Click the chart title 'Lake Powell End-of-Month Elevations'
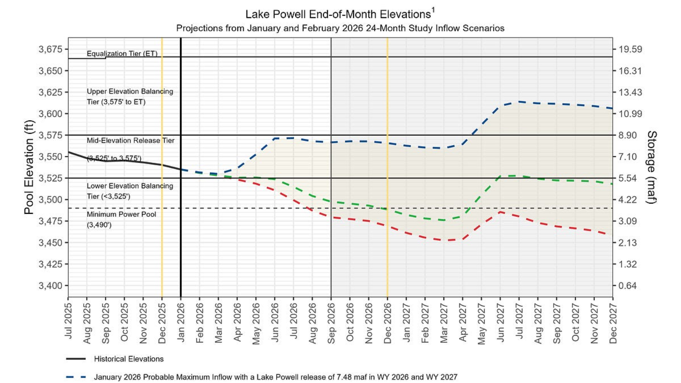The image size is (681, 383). click(338, 14)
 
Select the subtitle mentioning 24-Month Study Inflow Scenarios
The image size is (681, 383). click(340, 28)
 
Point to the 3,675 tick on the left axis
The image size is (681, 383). click(51, 49)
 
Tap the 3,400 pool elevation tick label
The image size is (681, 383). click(51, 286)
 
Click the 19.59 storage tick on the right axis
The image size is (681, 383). click(630, 49)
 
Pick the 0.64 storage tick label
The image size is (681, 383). click(628, 286)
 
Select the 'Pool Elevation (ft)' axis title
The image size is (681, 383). click(29, 167)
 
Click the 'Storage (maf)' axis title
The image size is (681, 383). click(651, 167)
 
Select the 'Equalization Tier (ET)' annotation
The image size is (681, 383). click(122, 53)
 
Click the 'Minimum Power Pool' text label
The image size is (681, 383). click(121, 214)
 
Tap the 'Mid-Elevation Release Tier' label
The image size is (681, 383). click(130, 141)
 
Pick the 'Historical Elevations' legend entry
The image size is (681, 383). click(129, 359)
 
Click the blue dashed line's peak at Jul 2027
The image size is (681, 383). click(519, 101)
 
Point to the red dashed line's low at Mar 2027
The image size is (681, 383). click(444, 240)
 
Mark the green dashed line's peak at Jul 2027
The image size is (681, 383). click(519, 176)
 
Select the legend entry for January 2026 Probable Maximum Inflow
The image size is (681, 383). click(275, 377)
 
